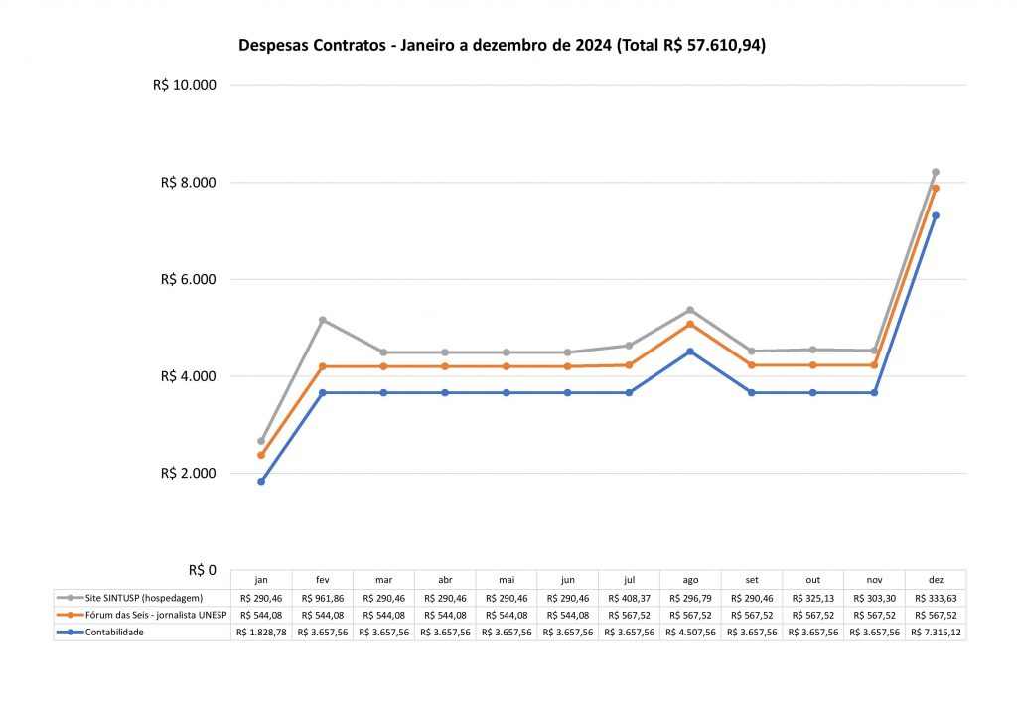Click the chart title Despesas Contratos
point(502,46)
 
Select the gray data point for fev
point(323,320)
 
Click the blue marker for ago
point(690,352)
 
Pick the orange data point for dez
point(936,189)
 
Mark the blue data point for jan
point(261,482)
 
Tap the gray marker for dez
point(936,172)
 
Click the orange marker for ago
point(690,325)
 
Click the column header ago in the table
point(690,580)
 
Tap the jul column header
point(629,580)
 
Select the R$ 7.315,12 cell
point(936,633)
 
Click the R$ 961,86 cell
point(323,598)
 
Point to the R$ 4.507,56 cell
point(690,633)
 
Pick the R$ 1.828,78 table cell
point(261,633)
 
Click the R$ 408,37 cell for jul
point(629,598)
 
